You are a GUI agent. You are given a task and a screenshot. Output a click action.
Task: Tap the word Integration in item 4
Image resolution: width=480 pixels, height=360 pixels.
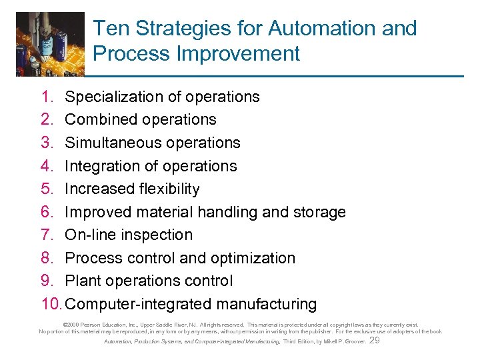100,166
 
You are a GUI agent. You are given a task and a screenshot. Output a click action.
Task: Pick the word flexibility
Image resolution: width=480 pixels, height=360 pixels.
167,189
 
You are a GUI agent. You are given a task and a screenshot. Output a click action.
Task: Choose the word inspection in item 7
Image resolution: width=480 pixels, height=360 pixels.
153,235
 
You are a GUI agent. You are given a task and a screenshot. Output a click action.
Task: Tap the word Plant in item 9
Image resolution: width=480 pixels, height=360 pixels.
82,281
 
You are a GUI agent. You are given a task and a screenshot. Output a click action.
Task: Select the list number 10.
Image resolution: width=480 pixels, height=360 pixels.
51,304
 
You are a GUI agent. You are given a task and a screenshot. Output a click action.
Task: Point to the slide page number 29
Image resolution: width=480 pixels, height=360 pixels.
374,341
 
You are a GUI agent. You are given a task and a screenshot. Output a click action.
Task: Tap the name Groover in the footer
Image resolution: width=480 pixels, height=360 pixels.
353,342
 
